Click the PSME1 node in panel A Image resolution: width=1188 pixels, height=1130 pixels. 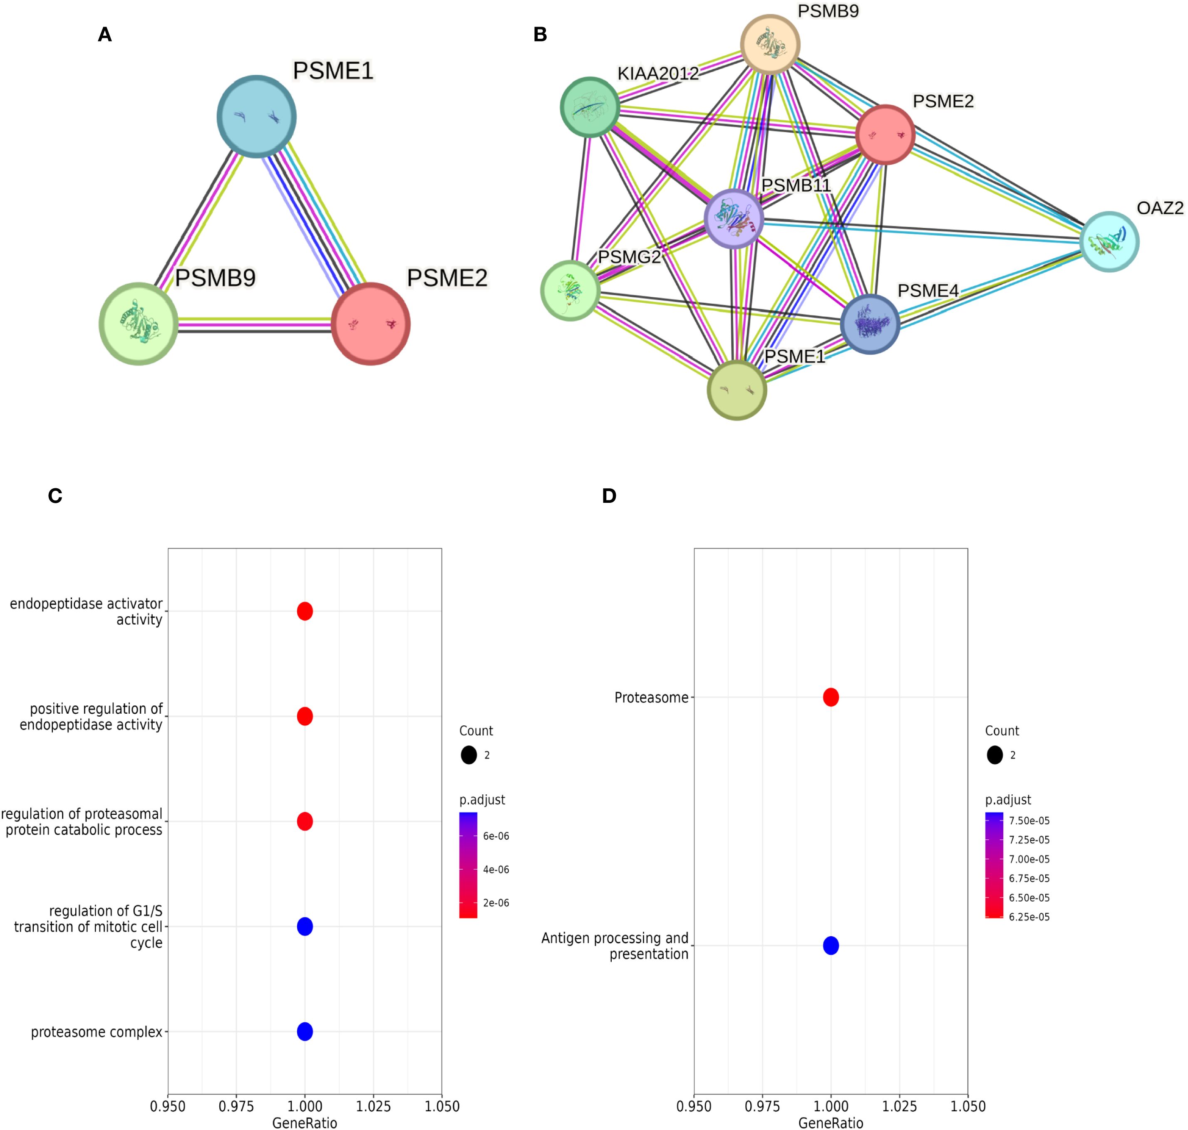256,116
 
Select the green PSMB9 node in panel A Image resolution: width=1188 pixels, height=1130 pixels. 139,324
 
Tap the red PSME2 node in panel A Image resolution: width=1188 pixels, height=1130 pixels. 371,324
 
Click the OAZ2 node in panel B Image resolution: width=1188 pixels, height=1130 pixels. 1109,242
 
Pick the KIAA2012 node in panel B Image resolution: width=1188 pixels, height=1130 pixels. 590,107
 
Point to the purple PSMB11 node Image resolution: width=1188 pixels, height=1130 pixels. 734,218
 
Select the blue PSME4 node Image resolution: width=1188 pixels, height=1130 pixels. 870,324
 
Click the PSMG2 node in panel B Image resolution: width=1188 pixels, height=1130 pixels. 570,290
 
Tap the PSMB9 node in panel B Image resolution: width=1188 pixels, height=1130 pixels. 770,44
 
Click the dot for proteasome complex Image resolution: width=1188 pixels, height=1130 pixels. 305,1031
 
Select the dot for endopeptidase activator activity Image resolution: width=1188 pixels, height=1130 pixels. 305,611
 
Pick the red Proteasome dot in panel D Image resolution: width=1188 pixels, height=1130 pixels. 831,697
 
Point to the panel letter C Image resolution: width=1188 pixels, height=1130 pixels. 55,496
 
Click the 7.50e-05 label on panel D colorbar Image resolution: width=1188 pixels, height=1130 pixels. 1029,821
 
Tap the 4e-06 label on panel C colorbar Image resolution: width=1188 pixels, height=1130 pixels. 496,869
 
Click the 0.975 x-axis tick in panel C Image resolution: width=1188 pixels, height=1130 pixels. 236,1106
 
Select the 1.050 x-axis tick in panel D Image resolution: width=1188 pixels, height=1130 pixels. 967,1106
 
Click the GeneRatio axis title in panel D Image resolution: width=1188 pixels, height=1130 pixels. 831,1122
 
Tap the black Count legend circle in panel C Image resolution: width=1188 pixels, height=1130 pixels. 468,755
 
